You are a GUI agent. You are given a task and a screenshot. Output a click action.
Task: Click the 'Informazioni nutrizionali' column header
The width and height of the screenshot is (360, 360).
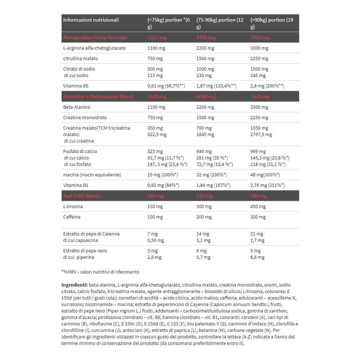coord(91,20)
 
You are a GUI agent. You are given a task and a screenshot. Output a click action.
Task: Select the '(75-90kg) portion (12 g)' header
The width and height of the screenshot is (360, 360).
coord(220,23)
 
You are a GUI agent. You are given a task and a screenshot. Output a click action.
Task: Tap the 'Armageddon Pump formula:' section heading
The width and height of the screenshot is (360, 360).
coord(95,37)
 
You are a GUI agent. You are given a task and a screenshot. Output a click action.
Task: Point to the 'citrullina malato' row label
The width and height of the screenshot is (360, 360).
coord(80,58)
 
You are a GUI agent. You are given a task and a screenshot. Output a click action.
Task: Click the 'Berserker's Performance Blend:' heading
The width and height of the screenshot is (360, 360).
coord(99,96)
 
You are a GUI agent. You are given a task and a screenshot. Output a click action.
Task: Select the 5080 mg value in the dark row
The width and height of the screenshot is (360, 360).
coord(206,96)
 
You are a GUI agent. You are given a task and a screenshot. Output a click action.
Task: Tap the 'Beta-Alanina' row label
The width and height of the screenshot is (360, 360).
coord(77,107)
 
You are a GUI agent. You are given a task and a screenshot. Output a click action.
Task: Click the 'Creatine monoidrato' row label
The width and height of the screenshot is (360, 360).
coord(85,117)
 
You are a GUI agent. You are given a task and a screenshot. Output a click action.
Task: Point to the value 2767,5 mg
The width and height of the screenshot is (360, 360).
coord(261,135)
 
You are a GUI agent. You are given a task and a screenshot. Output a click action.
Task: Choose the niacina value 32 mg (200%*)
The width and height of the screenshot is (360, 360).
coord(211,175)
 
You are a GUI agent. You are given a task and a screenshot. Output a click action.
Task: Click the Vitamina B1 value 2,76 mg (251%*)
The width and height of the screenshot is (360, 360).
coord(267,185)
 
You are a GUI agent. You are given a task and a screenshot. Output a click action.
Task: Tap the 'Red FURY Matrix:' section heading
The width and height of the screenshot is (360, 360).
coord(82,196)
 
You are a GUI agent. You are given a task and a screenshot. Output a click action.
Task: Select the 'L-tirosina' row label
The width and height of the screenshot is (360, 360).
coord(73,206)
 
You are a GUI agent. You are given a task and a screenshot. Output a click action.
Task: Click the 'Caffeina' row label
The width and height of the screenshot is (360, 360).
coord(72,217)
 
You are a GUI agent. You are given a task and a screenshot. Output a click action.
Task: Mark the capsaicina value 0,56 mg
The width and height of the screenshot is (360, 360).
coord(156,240)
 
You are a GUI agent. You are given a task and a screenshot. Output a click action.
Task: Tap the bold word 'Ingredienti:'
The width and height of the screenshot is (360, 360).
coord(75,285)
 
